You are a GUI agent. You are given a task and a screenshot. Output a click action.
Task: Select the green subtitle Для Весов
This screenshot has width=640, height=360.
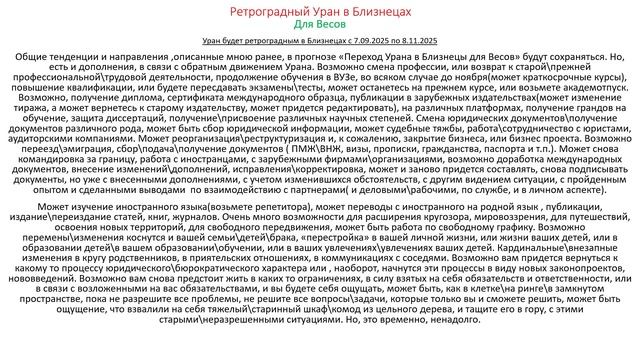tap(320, 23)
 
